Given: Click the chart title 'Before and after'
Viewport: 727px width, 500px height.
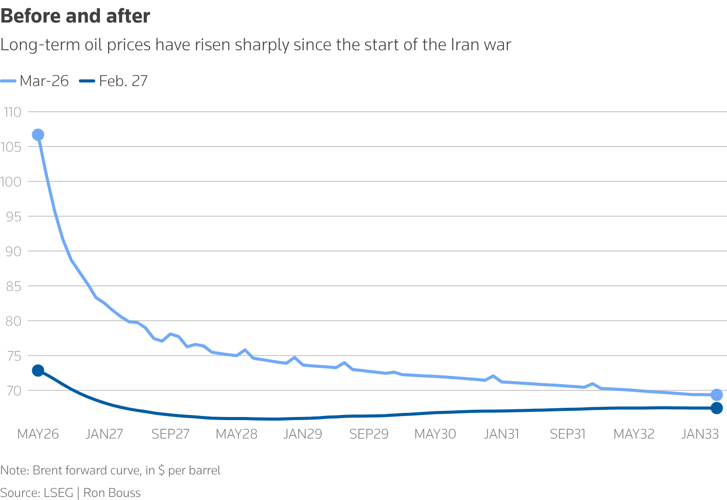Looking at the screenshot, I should (75, 16).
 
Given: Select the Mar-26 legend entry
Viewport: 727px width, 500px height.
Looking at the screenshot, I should (35, 81).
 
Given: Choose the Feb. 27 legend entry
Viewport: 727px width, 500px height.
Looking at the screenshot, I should (114, 81).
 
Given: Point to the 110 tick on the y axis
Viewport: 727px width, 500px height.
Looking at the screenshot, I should (12, 112).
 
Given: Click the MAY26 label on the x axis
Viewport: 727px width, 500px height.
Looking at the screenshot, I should (38, 434).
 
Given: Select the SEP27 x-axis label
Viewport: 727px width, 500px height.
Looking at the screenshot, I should (170, 434).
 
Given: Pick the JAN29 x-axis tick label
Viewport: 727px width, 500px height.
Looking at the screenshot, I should (303, 434).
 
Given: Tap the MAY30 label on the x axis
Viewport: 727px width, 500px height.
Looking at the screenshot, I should (435, 434).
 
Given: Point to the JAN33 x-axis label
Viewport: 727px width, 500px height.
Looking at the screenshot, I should (700, 434).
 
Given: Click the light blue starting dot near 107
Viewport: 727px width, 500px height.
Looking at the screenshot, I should (38, 135).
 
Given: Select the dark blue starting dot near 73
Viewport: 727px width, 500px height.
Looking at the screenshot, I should (38, 370).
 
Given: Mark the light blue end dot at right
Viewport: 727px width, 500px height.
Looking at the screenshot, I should (716, 394).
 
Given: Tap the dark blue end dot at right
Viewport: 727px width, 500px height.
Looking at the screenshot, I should (716, 408).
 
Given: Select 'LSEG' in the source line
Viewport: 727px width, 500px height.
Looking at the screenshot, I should (58, 493).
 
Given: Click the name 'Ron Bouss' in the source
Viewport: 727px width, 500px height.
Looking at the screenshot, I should (112, 493).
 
